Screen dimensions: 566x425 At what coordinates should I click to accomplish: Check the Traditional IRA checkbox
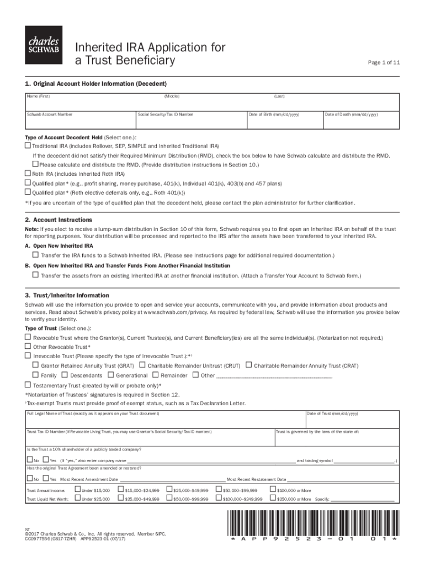pos(28,146)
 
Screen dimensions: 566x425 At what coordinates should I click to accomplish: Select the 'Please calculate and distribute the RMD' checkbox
pos(35,164)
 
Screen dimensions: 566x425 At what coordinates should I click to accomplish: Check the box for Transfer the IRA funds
pos(35,255)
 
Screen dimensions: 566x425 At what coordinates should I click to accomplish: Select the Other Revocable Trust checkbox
pos(28,347)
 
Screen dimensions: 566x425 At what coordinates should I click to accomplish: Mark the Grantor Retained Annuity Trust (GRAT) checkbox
pos(35,365)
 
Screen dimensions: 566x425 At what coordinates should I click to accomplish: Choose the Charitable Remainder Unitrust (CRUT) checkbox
pos(142,365)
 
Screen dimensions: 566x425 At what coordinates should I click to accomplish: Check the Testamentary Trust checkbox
pos(28,385)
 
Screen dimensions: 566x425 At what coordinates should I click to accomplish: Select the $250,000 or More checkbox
pos(272,499)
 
